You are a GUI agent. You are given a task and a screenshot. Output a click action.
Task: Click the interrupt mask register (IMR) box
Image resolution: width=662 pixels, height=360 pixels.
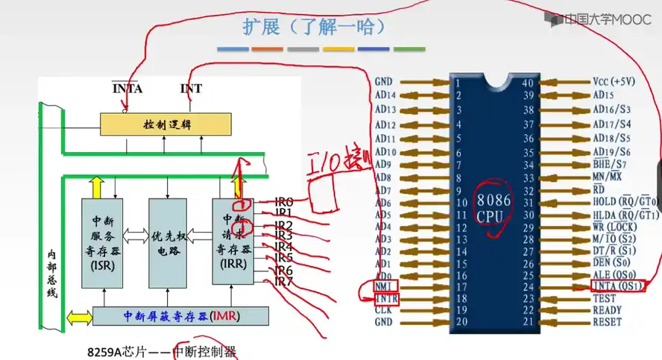pos(178,316)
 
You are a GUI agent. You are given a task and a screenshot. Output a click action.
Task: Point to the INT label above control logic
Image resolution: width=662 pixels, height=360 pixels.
pos(191,89)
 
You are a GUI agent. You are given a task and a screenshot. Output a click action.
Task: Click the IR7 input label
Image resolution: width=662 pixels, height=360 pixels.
pos(283,282)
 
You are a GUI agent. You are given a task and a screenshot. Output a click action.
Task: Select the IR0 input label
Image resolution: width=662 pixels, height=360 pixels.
pos(283,201)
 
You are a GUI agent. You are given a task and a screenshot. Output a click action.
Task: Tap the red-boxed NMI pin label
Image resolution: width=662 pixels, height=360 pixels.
pos(385,286)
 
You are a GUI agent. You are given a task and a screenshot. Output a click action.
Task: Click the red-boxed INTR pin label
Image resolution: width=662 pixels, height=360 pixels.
pos(386,298)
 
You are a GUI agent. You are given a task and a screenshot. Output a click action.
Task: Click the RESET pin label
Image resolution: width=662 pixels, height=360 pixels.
pos(608,322)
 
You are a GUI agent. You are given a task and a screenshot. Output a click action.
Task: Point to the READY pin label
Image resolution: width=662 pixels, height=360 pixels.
pos(608,310)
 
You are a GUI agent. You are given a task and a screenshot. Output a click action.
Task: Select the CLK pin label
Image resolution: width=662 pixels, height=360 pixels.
pos(384,310)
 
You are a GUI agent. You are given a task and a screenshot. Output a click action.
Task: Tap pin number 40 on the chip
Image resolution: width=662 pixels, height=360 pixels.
pos(528,83)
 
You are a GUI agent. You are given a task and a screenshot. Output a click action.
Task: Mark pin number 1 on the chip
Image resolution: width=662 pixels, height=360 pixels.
pos(457,83)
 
